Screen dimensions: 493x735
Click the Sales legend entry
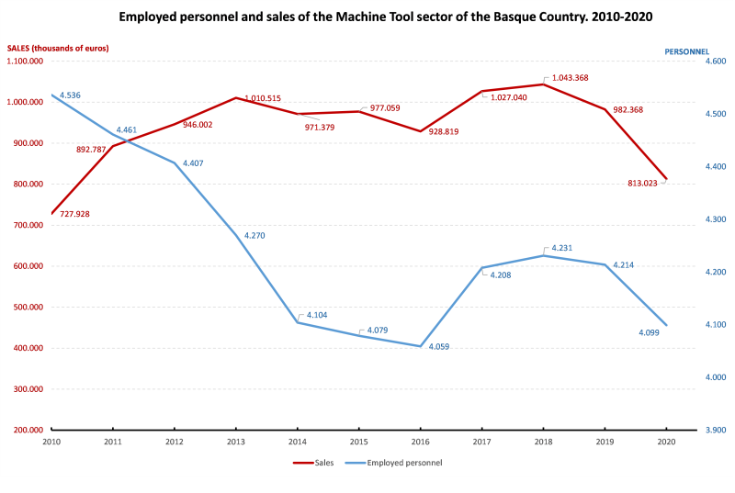pyautogui.click(x=316, y=463)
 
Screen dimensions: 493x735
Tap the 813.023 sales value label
pyautogui.click(x=642, y=184)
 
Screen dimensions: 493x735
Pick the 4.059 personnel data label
pyautogui.click(x=444, y=346)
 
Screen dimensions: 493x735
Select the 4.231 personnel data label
pyautogui.click(x=563, y=248)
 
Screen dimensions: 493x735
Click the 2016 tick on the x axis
pyautogui.click(x=419, y=441)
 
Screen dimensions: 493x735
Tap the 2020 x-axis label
pyautogui.click(x=664, y=441)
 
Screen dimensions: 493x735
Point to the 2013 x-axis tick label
pyautogui.click(x=235, y=441)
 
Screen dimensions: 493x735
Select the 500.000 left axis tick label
pyautogui.click(x=29, y=308)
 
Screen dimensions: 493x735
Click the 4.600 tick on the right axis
pyautogui.click(x=689, y=62)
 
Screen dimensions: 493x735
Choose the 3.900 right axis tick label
pyautogui.click(x=689, y=430)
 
